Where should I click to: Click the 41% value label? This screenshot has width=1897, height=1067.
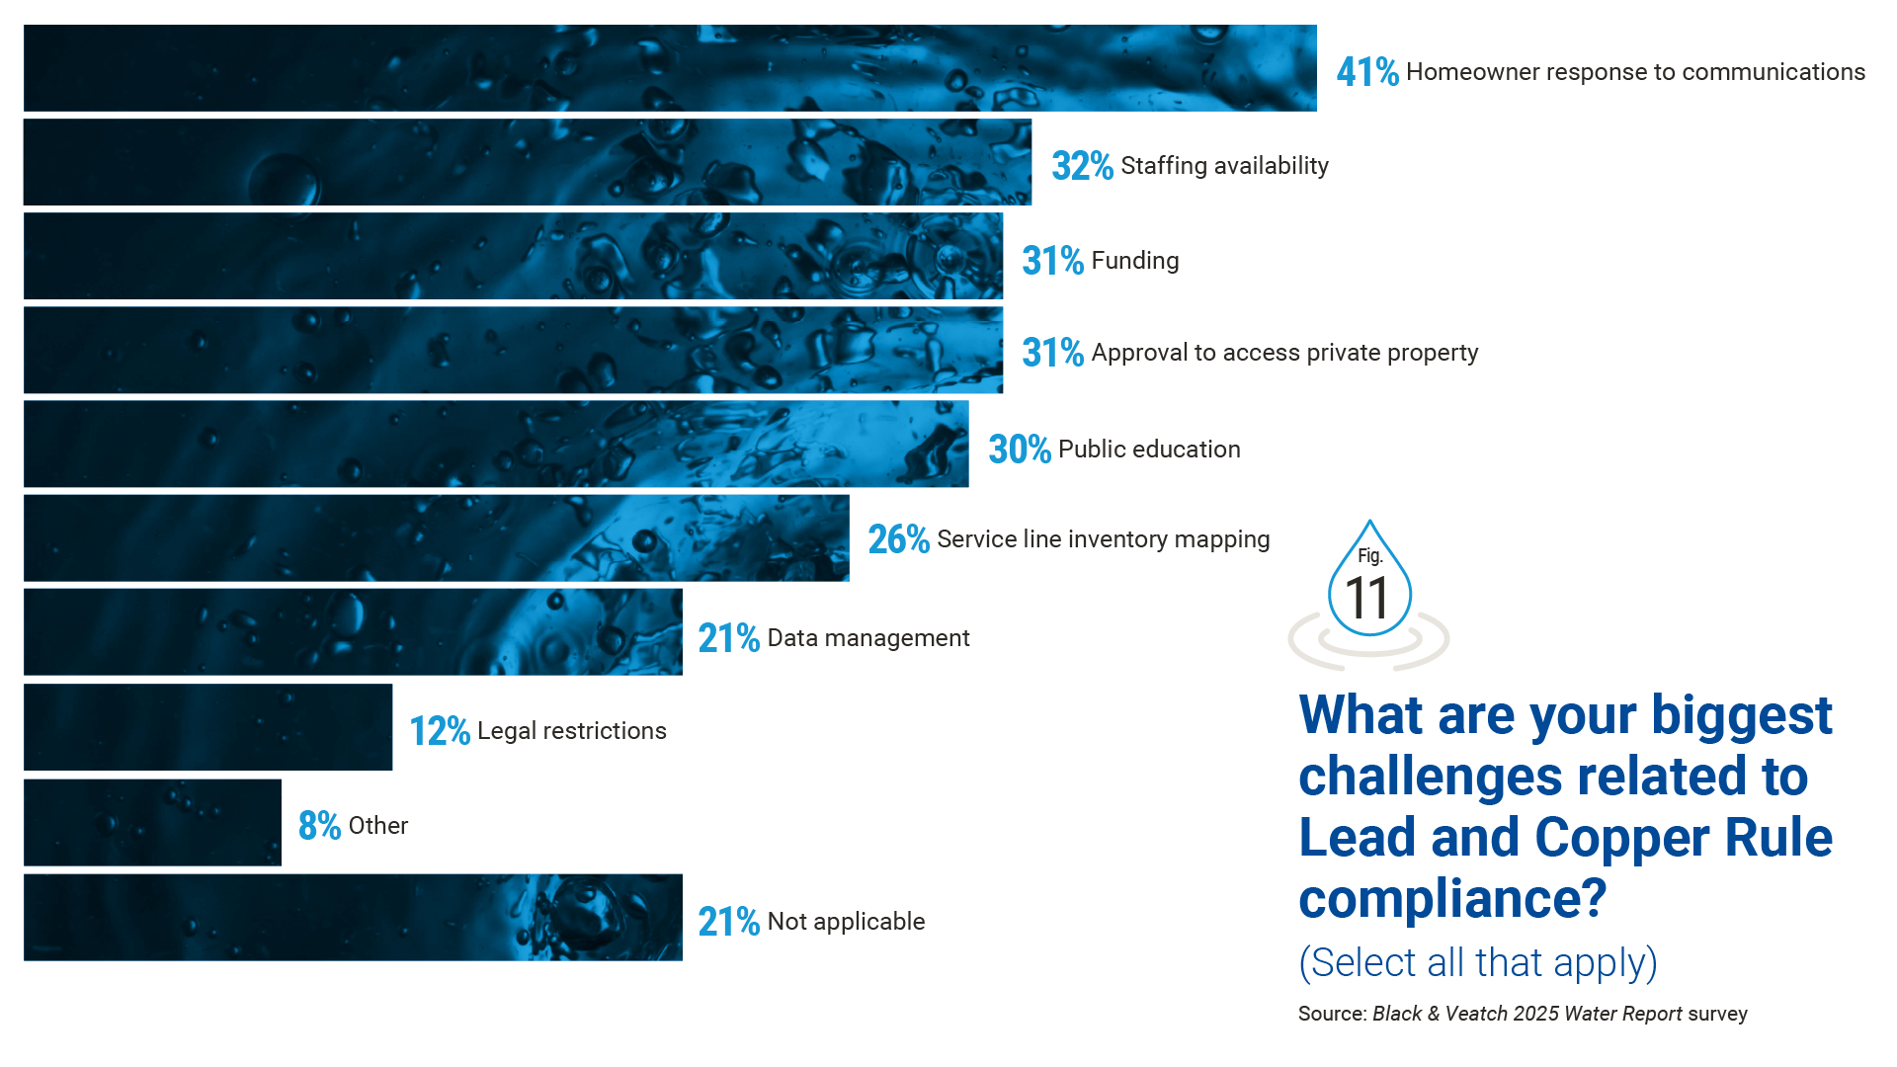coord(1366,72)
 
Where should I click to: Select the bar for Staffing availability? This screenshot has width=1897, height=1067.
coord(528,163)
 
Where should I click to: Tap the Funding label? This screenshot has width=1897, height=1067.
coord(1135,261)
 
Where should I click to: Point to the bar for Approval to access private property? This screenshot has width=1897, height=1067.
coord(513,351)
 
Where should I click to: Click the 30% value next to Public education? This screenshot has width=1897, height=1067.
coord(1019,450)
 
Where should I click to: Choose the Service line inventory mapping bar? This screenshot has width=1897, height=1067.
coord(436,538)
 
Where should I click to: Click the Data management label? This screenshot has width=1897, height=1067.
coord(868,638)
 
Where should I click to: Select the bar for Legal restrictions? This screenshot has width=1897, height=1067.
coord(207,728)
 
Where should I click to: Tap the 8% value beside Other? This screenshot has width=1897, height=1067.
coord(319,826)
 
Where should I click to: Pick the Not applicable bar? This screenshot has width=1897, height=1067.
coord(353,918)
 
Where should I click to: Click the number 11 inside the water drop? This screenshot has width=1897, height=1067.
coord(1367,599)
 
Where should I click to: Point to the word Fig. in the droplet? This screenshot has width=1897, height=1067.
coord(1369,556)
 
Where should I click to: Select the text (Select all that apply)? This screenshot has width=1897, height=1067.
coord(1477,963)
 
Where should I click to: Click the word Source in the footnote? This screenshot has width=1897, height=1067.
coord(1331,1015)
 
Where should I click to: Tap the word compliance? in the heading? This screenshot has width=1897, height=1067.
coord(1452,899)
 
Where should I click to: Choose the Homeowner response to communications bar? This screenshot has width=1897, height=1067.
coord(670,68)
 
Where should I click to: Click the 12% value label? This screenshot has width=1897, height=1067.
coord(439,732)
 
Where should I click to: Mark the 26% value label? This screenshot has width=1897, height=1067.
coord(898,540)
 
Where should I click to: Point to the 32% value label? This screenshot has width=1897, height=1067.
coord(1082,167)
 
